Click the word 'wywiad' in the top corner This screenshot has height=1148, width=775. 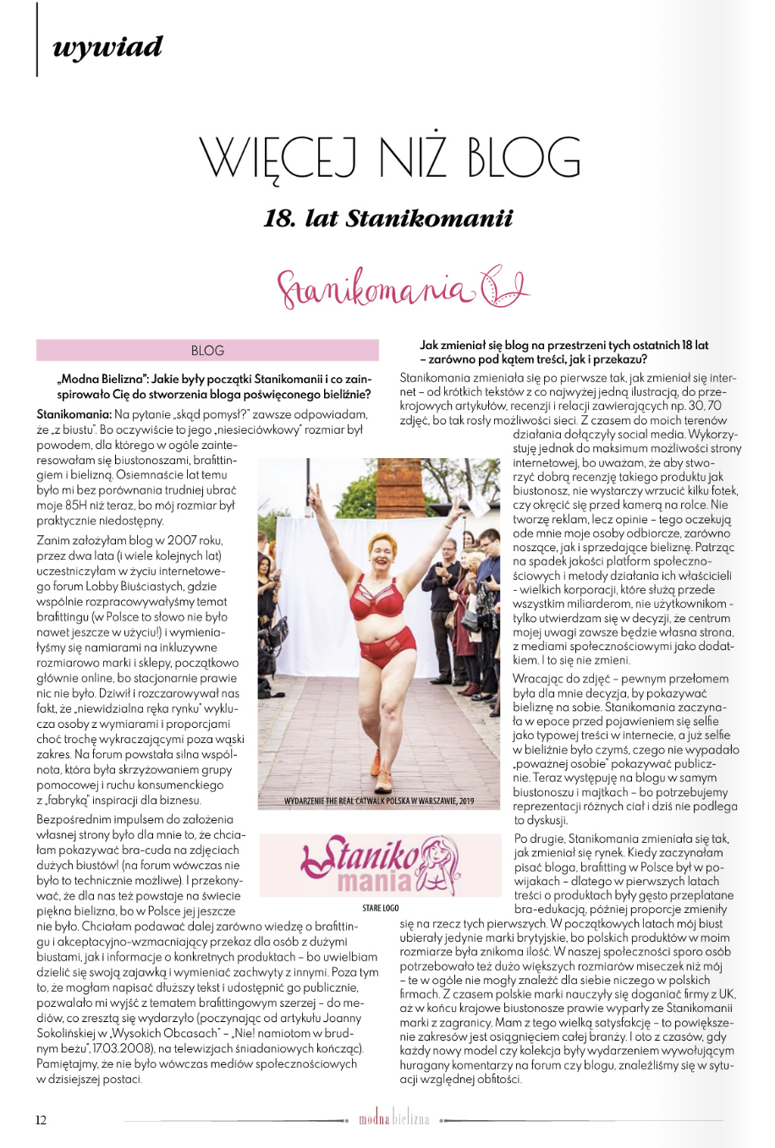click(x=107, y=47)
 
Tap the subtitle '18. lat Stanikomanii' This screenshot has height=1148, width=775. click(x=388, y=219)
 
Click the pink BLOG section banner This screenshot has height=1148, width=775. click(x=207, y=350)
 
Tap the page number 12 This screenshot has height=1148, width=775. click(x=41, y=1120)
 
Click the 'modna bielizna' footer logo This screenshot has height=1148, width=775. click(x=393, y=1119)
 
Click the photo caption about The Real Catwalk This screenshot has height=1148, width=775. click(x=378, y=801)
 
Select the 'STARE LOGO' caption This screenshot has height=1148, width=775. click(x=380, y=908)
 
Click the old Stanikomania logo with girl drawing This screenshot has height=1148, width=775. click(x=379, y=865)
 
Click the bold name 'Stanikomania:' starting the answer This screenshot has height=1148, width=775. click(x=74, y=414)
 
